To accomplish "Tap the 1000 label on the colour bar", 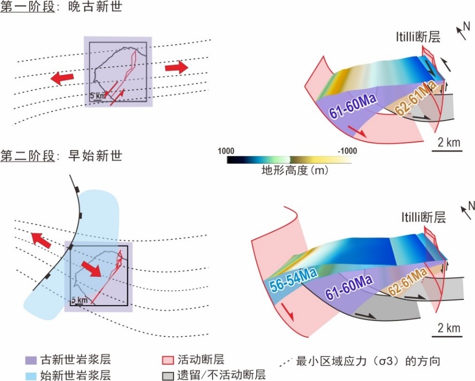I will click(x=226, y=151).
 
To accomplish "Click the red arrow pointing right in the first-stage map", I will click(x=177, y=67).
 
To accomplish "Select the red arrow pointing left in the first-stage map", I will click(x=62, y=77).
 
